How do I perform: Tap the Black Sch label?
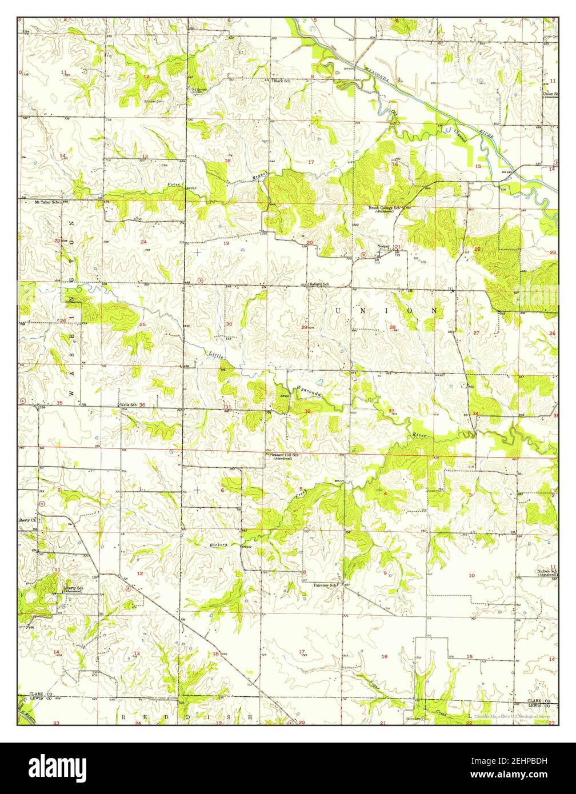pyautogui.click(x=282, y=81)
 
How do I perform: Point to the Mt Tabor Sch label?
pyautogui.click(x=46, y=202)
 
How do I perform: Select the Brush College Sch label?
pyautogui.click(x=386, y=208)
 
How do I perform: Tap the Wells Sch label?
pyautogui.click(x=128, y=405)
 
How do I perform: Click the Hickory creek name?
pyautogui.click(x=218, y=545)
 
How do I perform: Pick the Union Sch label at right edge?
pyautogui.click(x=550, y=94)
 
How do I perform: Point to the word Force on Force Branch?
pyautogui.click(x=174, y=184)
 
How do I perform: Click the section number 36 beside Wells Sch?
pyautogui.click(x=142, y=405)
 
